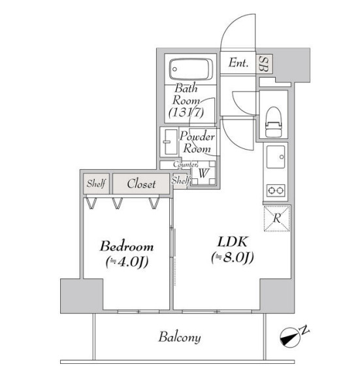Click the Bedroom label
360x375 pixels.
(127, 247)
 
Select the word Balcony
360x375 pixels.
(179, 338)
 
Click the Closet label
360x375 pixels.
(141, 184)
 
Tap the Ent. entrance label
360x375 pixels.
(238, 63)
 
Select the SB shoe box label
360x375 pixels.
(265, 63)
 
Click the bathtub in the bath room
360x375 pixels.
(191, 69)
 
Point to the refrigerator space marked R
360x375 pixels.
(277, 218)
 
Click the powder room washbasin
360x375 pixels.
(169, 140)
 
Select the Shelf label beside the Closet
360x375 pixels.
(95, 184)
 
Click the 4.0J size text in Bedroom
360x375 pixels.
(127, 263)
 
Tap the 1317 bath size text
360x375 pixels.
(186, 113)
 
